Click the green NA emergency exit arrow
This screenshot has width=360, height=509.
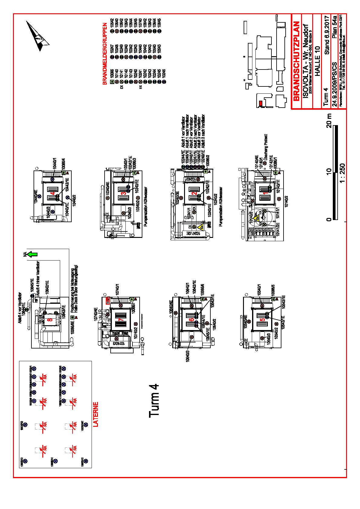pyautogui.click(x=32, y=254)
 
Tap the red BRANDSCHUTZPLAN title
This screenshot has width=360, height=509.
pyautogui.click(x=297, y=61)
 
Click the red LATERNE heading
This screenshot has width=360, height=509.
pyautogui.click(x=96, y=414)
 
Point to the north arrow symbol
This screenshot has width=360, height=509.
pyautogui.click(x=38, y=36)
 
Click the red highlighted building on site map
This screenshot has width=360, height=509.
pyautogui.click(x=260, y=103)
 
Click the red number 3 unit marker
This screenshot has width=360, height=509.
pyautogui.click(x=123, y=193)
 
